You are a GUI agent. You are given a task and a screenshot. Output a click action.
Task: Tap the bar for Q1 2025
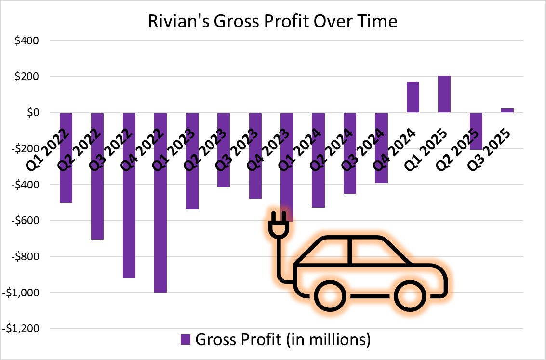[x=444, y=94]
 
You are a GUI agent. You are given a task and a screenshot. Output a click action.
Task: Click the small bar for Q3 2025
[x=507, y=110]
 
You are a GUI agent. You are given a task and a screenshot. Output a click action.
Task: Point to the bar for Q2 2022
[x=97, y=193]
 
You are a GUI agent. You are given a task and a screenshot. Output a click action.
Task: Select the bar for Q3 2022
[x=129, y=217]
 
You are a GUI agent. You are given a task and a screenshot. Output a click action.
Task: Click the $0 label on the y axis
[x=32, y=113]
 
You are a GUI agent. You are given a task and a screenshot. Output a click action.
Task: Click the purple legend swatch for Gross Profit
[x=186, y=339]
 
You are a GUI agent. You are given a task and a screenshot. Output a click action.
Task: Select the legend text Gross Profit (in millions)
[x=283, y=339]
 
